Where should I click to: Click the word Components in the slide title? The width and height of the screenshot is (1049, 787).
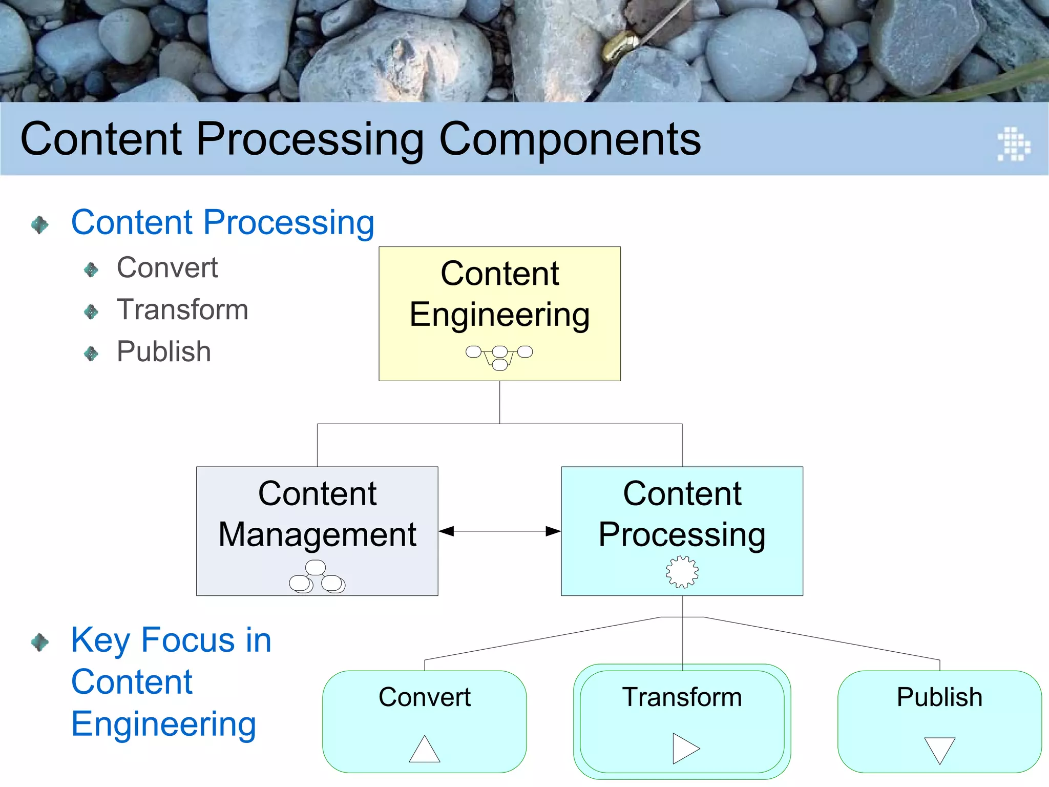click(570, 139)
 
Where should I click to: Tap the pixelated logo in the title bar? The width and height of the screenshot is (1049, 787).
click(1014, 144)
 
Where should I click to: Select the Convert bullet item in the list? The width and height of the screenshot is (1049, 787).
click(167, 267)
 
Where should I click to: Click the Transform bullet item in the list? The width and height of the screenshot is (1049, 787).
click(182, 309)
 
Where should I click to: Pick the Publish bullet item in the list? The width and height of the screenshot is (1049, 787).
click(163, 351)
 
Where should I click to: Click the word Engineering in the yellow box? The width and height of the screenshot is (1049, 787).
click(499, 315)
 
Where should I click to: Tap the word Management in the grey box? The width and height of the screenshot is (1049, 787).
click(317, 534)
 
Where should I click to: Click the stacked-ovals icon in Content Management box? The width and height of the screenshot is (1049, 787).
click(317, 577)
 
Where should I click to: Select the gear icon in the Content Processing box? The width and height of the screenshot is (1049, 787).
click(682, 572)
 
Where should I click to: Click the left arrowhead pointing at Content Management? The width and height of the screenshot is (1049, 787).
click(447, 531)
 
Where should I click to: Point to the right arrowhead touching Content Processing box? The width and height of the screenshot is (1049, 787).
click(553, 531)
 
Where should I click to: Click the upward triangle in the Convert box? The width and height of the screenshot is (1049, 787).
click(425, 750)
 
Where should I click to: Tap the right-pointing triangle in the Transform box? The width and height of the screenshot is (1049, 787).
click(685, 749)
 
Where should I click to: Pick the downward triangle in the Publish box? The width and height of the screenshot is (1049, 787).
click(939, 750)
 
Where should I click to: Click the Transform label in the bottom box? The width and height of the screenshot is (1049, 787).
click(682, 697)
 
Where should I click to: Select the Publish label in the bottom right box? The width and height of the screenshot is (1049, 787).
click(939, 697)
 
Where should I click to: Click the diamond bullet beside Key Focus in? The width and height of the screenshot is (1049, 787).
click(40, 642)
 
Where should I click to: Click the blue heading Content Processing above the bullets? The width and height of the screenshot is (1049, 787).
click(223, 223)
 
